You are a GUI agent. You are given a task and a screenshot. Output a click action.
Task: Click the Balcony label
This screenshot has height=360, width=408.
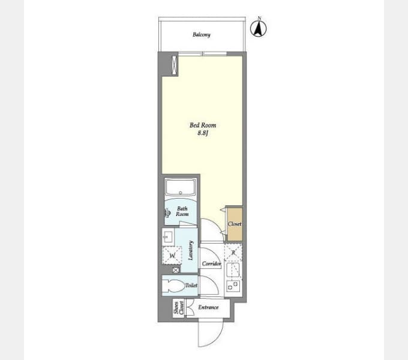tap(202, 35)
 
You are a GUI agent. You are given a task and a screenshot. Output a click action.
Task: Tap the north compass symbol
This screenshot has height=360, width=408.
tap(259, 28)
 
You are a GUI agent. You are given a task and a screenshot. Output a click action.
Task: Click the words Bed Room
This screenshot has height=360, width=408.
tap(203, 125)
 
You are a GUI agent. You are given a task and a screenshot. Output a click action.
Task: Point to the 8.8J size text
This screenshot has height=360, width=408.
tap(203, 133)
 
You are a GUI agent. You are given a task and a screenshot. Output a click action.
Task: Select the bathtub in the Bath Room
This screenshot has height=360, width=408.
tap(181, 187)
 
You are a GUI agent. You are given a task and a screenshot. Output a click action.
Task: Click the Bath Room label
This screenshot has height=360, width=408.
tap(182, 211)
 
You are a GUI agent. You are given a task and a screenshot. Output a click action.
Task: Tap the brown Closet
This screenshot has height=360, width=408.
tap(235, 224)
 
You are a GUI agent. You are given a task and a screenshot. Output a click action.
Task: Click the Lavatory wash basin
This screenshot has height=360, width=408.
tap(168, 237)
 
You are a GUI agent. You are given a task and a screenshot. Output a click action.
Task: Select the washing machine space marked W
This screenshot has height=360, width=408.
tap(172, 255)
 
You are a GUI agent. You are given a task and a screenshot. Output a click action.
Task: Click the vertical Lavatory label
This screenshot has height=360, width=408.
tap(191, 250)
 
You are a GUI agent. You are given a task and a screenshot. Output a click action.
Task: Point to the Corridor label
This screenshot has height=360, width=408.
tap(211, 263)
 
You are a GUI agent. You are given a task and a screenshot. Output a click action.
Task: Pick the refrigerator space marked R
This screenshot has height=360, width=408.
tap(233, 253)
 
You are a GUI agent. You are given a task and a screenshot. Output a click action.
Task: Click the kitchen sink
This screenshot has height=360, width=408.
tap(233, 270)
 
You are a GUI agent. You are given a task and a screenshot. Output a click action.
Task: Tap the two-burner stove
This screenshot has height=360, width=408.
tap(233, 287)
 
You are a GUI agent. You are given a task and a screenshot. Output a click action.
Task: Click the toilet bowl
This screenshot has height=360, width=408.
tap(173, 286)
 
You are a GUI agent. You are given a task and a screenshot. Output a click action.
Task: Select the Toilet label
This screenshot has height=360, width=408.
tap(191, 286)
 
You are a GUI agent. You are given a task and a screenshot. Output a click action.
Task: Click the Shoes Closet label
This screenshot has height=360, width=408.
tap(179, 307)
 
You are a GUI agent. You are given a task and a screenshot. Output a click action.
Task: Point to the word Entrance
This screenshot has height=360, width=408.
tap(208, 307)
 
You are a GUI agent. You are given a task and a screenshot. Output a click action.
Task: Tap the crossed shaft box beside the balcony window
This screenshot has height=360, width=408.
tap(175, 65)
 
